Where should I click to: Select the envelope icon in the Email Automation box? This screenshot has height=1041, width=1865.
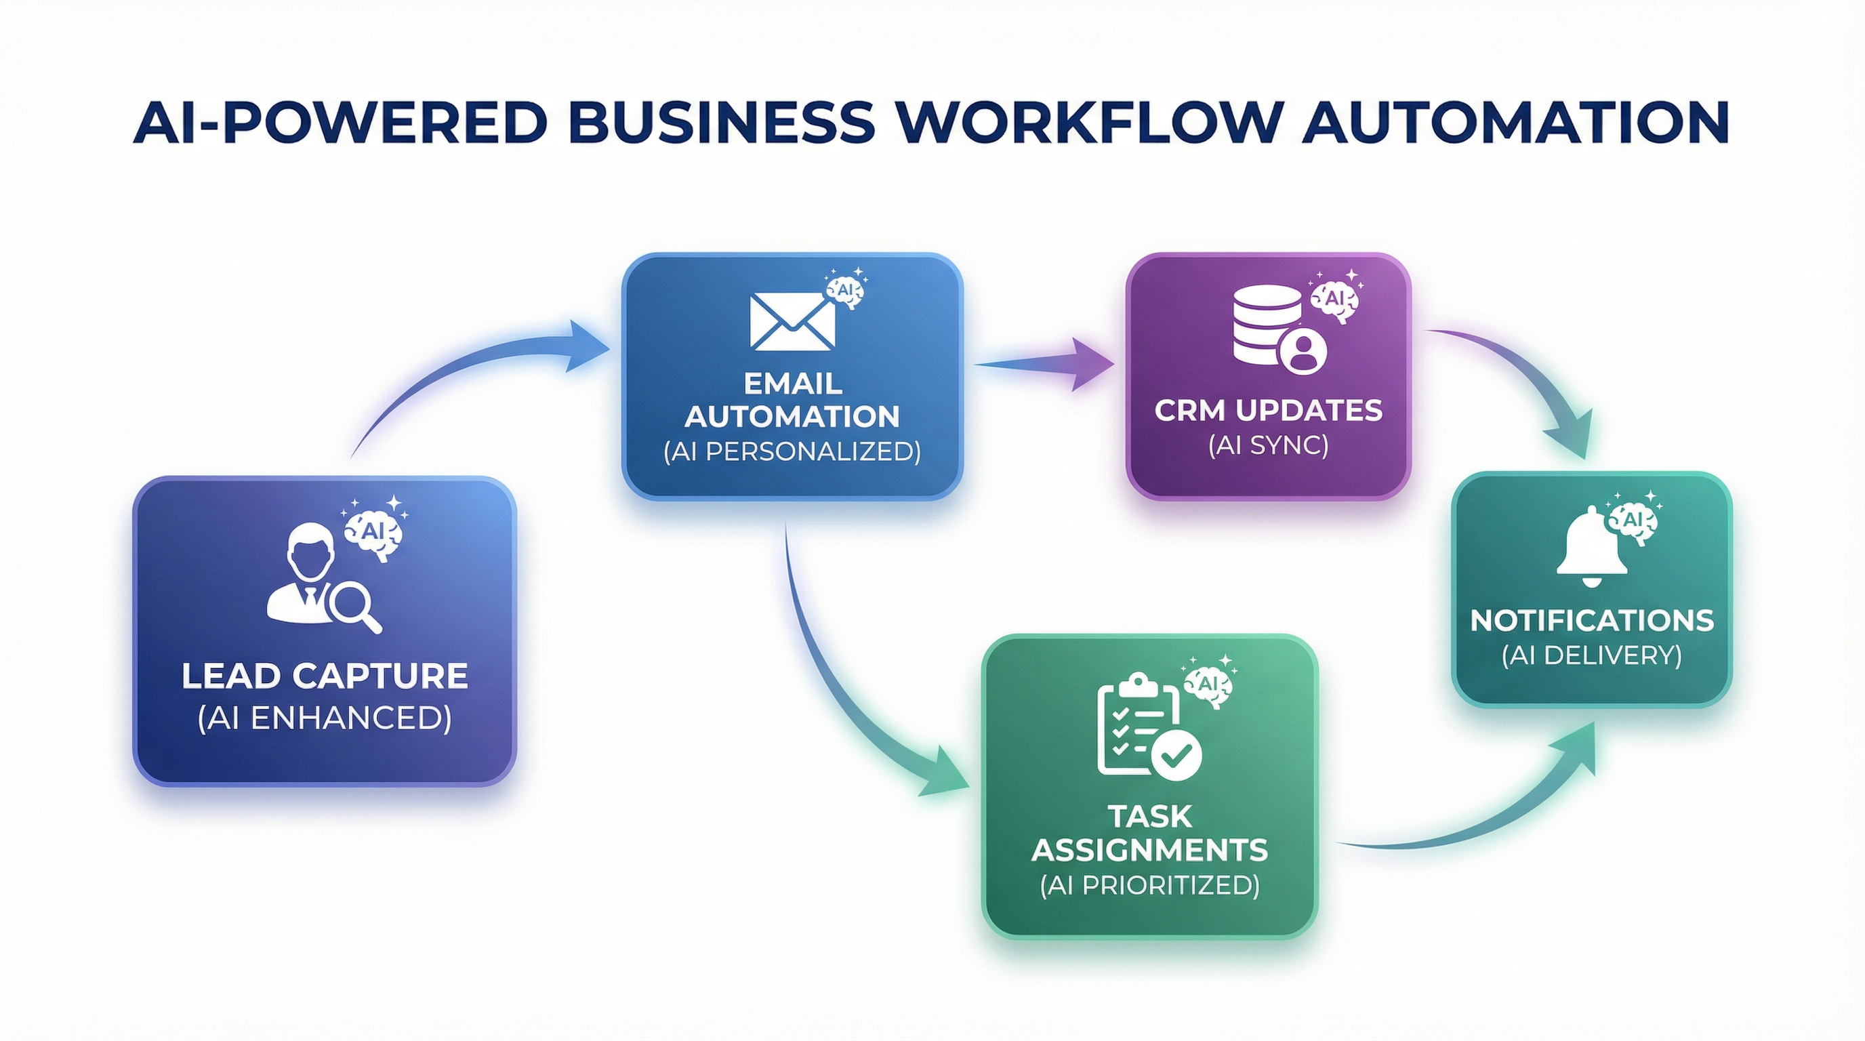[792, 321]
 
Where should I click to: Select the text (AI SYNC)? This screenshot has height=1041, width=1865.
[1268, 445]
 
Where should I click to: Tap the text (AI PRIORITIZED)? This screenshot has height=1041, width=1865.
[1149, 885]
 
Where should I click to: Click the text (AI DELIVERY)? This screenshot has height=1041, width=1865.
[1591, 656]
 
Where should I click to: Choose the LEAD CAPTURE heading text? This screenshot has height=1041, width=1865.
[325, 676]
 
